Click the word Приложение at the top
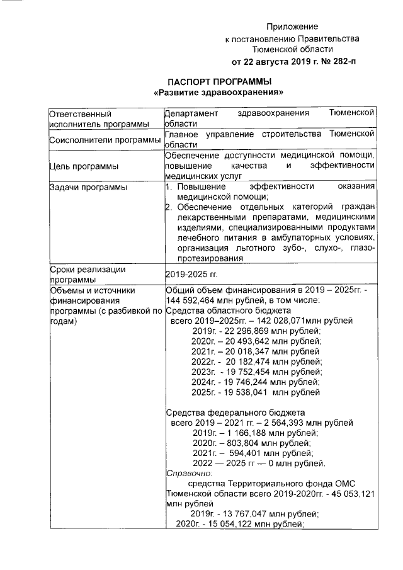point(292,26)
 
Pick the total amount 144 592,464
point(195,300)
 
